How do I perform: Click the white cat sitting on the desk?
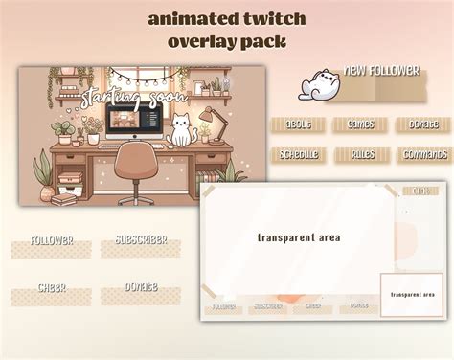point(180,130)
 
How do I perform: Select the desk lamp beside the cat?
point(207,122)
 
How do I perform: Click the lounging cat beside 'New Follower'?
point(317,84)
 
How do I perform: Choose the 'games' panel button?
point(360,124)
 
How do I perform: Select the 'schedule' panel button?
point(298,154)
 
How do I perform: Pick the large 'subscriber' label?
point(141,240)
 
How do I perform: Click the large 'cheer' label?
point(52,288)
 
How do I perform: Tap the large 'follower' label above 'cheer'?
point(52,240)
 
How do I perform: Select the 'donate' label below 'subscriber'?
point(141,287)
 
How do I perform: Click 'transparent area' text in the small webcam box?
point(413,295)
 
